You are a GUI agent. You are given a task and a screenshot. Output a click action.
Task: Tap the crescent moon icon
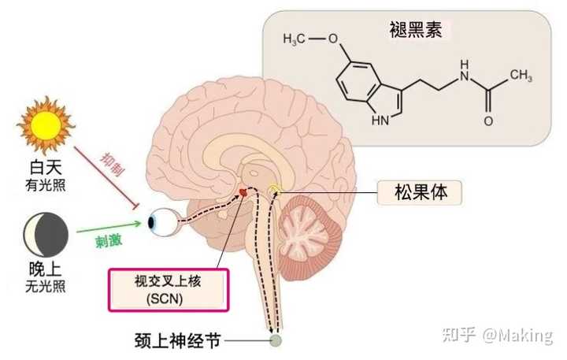click(x=45, y=231)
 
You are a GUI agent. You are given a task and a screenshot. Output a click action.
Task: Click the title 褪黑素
click(x=410, y=31)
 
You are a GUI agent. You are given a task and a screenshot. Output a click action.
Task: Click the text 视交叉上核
click(x=168, y=281)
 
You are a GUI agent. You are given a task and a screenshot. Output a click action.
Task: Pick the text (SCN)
click(x=168, y=298)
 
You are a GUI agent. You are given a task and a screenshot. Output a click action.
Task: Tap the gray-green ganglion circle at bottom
click(x=276, y=341)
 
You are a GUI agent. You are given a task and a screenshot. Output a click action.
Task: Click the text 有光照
click(x=45, y=185)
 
